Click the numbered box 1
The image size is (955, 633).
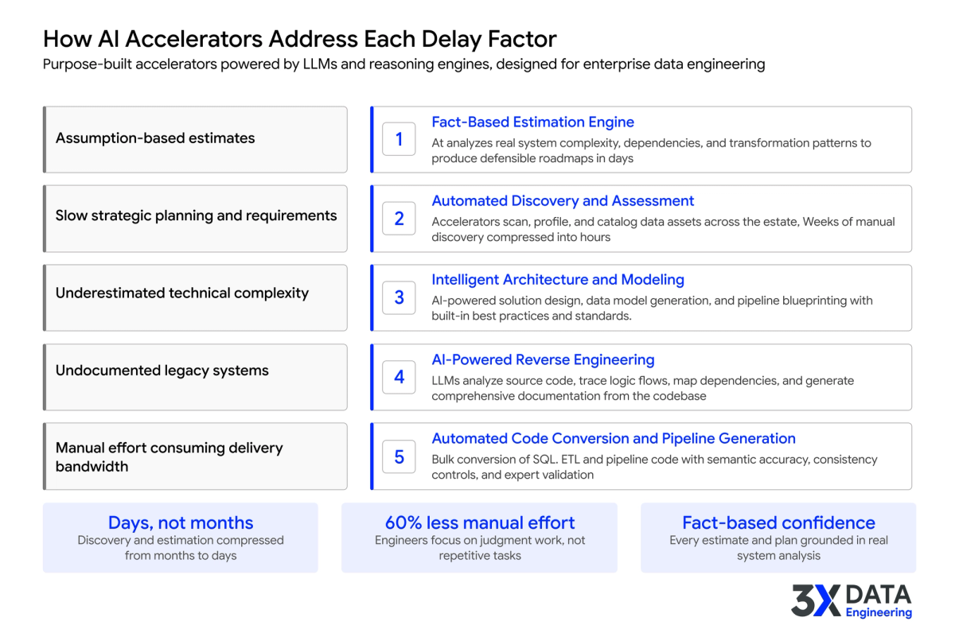tap(399, 139)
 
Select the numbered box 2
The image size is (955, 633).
tap(399, 218)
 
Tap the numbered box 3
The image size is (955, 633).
tap(399, 297)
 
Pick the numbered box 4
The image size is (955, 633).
tap(399, 377)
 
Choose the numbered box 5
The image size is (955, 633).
tap(399, 456)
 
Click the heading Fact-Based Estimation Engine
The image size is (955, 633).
tap(532, 122)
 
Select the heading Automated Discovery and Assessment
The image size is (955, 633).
tap(563, 201)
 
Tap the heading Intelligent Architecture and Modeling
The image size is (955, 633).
tap(558, 280)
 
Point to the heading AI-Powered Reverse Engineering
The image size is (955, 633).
tap(543, 359)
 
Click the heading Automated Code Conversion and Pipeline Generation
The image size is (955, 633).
tap(613, 438)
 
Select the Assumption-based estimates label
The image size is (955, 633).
tap(155, 138)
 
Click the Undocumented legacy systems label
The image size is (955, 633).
tap(162, 371)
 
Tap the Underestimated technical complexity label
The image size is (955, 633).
tap(182, 293)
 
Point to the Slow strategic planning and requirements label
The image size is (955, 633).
tap(196, 216)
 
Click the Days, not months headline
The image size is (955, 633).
tap(181, 522)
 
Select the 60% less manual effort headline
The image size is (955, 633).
tap(479, 522)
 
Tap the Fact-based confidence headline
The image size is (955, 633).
tap(778, 522)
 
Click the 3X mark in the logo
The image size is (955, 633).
tap(815, 600)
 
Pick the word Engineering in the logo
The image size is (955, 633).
tap(879, 612)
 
